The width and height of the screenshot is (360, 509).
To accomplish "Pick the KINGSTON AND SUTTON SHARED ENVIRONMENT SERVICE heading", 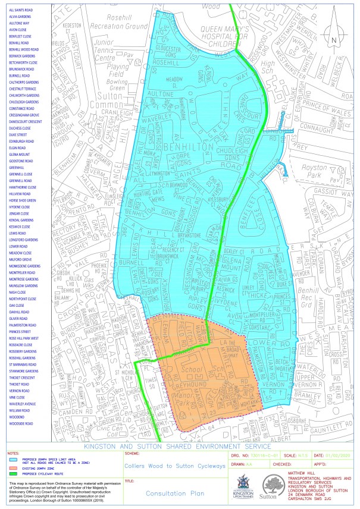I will tap(180, 446).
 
